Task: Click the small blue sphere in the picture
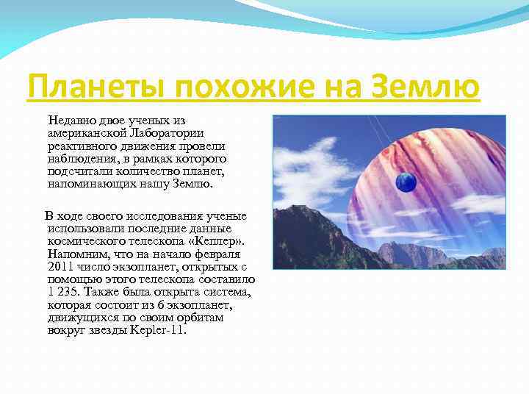[406, 181]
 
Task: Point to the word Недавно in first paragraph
[72, 120]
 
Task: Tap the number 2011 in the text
[61, 266]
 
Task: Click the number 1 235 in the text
[64, 292]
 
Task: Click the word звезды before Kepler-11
[104, 330]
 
